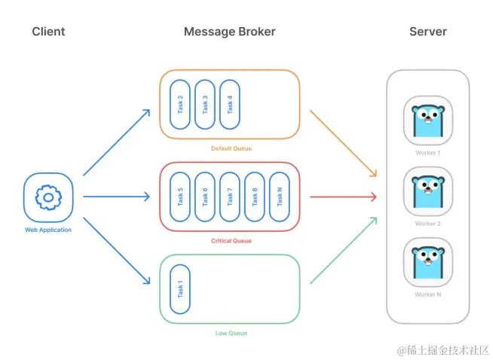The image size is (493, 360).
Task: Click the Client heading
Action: (x=48, y=32)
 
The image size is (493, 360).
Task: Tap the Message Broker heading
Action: (x=230, y=32)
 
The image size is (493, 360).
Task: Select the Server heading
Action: (x=427, y=32)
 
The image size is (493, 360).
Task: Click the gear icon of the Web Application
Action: (x=48, y=197)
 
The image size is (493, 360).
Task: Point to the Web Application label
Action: (x=48, y=230)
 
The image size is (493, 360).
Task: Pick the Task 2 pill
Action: (x=181, y=104)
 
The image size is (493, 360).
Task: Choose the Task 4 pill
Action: (x=230, y=104)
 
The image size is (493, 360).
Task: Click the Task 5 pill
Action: (x=181, y=197)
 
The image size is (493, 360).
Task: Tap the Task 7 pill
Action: (x=230, y=197)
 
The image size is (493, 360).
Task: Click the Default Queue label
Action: (x=230, y=148)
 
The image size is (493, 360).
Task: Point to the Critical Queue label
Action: (x=230, y=241)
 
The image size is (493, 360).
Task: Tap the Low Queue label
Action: (x=230, y=333)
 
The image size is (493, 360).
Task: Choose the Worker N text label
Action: (x=427, y=294)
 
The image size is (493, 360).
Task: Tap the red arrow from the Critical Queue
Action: (x=343, y=197)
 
